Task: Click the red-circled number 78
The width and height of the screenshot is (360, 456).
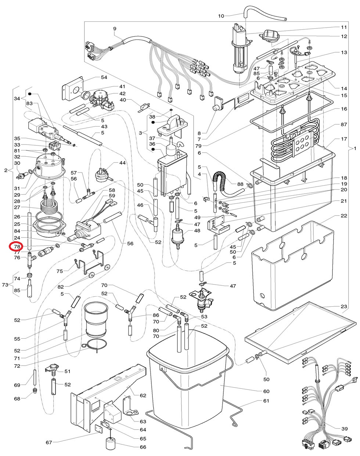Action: tap(17, 246)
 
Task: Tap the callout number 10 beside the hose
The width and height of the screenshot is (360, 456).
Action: tap(221, 16)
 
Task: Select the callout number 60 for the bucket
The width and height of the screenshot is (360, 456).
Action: tap(266, 391)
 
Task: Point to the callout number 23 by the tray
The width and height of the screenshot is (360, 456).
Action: tap(343, 307)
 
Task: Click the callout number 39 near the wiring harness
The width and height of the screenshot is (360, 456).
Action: tap(344, 429)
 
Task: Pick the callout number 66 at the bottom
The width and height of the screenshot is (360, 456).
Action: tap(143, 447)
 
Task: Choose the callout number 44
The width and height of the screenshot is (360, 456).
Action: tap(122, 163)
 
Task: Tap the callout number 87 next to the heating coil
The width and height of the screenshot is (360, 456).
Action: tap(343, 125)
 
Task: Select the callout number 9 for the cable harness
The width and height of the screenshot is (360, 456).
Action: tap(114, 29)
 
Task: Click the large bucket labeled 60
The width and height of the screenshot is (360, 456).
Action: tap(187, 371)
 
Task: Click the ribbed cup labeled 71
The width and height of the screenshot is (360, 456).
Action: tap(96, 319)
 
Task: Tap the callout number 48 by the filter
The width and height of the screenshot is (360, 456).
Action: tap(197, 231)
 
